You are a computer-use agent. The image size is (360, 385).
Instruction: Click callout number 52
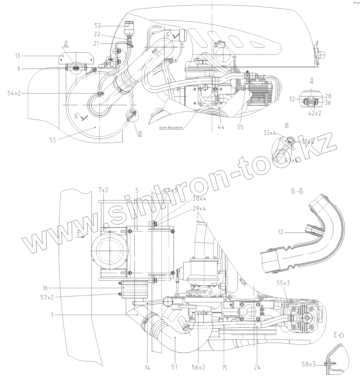[x=97, y=26]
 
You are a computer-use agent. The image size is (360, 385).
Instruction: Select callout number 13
[x=17, y=56]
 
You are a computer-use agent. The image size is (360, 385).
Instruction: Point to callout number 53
[x=52, y=140]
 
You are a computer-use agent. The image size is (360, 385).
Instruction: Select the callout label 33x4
[x=270, y=133]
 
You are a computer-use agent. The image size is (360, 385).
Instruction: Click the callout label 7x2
[x=103, y=191]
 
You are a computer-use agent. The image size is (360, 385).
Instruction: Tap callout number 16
[x=45, y=288]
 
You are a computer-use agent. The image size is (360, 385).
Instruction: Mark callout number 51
[x=175, y=367]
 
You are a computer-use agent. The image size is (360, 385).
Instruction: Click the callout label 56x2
[x=198, y=367]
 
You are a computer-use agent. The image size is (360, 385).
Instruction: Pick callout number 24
[x=257, y=367]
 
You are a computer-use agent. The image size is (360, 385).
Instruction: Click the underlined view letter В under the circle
[x=140, y=134]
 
